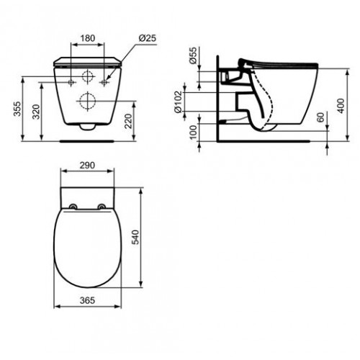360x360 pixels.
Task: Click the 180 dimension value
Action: pos(88,37)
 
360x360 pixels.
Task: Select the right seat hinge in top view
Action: pos(102,208)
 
